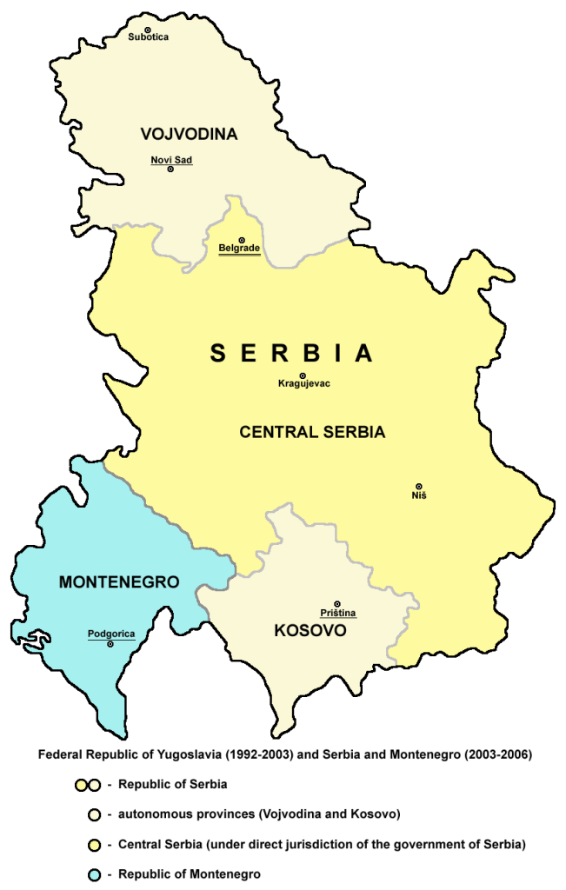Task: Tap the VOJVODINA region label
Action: point(189,134)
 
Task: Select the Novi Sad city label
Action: point(170,159)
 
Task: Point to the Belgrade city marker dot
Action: point(242,240)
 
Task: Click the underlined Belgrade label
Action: point(239,249)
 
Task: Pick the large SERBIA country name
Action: point(291,353)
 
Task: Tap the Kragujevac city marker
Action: point(303,375)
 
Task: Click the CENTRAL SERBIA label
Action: point(312,431)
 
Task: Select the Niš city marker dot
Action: point(419,487)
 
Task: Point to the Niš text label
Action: point(419,496)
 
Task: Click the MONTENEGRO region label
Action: point(119,581)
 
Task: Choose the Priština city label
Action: point(338,613)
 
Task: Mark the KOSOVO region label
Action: point(310,630)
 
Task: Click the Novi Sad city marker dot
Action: point(170,169)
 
